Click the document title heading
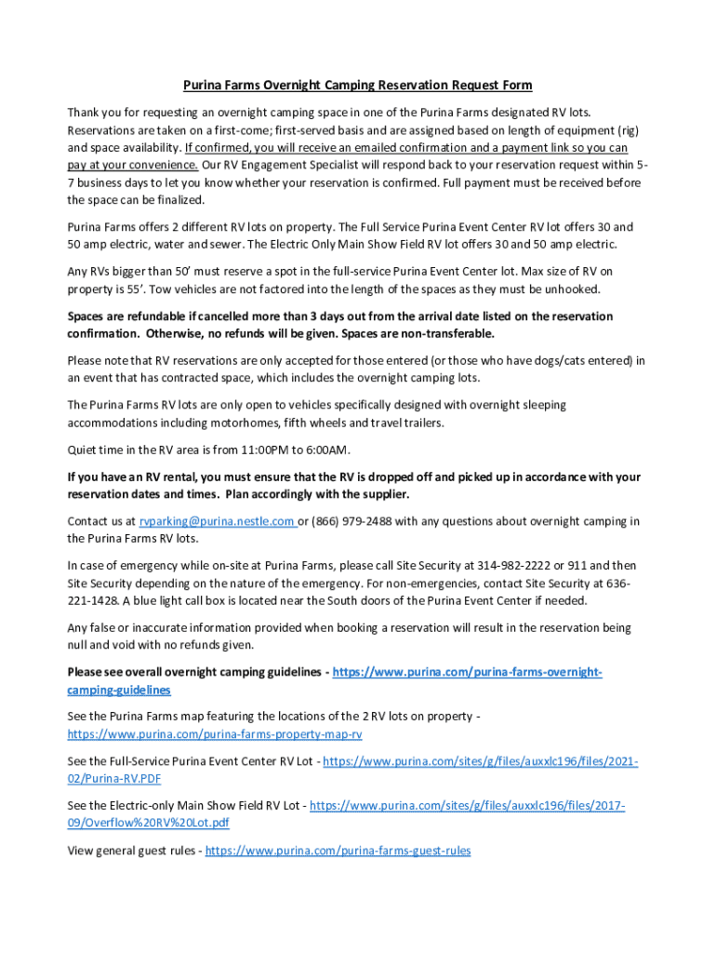point(357,86)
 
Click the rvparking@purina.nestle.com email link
point(218,521)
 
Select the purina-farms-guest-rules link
point(338,850)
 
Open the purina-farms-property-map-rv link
point(215,733)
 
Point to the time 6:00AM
point(328,450)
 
